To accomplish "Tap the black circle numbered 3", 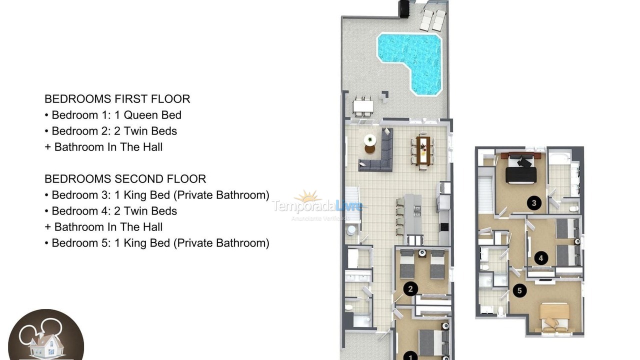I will [x=534, y=203].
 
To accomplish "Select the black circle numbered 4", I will [x=540, y=258].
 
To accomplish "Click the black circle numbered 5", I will [x=519, y=290].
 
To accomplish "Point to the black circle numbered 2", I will [x=410, y=288].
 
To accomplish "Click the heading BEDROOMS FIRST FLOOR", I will [x=117, y=99].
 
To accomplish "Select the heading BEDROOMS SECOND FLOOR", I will [x=125, y=179].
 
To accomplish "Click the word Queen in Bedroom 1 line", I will [x=140, y=115].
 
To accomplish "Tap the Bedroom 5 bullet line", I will [x=160, y=243].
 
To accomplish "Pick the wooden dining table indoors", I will [x=423, y=150].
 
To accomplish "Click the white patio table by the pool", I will [x=363, y=106].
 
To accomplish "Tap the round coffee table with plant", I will [x=370, y=142].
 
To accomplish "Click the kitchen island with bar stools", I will [x=412, y=215].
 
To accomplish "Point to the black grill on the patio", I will [x=404, y=8].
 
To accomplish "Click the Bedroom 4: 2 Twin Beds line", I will [x=114, y=211].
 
